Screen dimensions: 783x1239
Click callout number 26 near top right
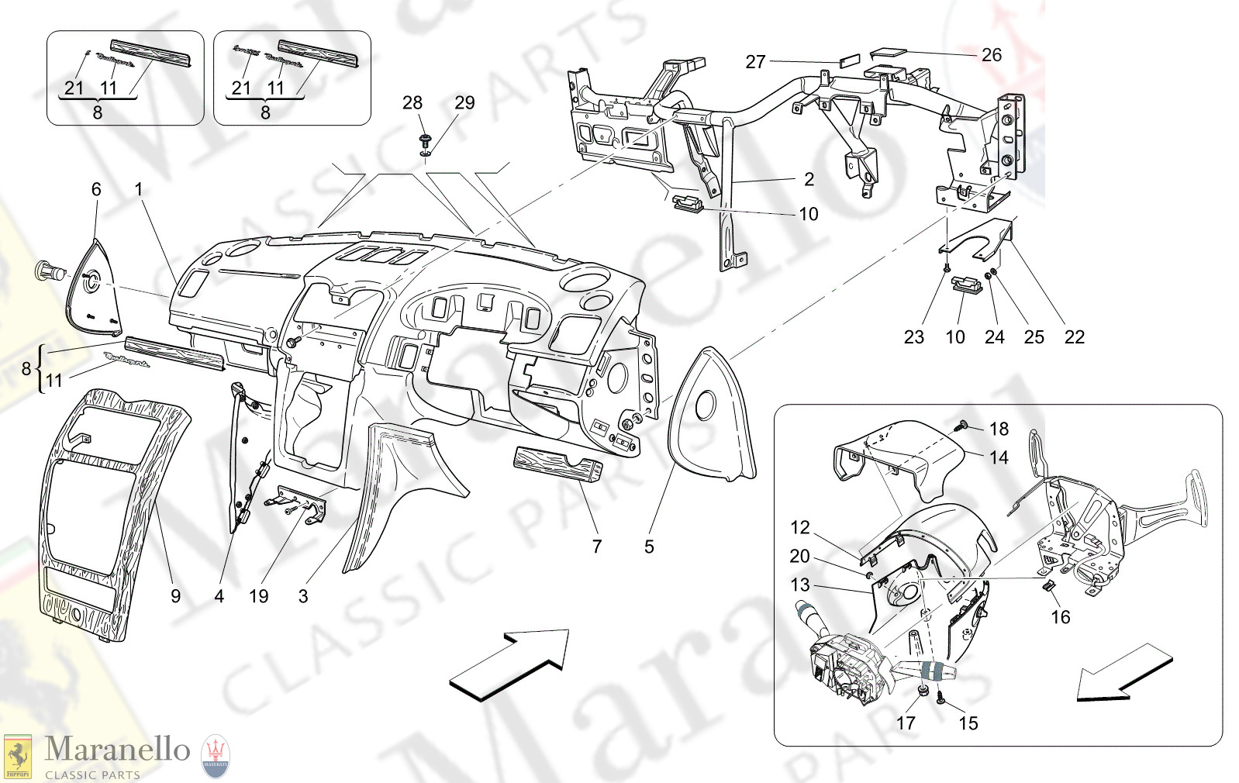(991, 55)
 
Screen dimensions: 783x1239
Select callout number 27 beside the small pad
(755, 62)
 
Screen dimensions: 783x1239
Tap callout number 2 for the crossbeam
(809, 180)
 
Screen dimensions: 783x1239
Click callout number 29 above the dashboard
(464, 103)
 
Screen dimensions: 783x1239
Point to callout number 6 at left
(96, 189)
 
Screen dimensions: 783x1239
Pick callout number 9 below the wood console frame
(175, 595)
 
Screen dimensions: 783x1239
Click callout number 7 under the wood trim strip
(596, 547)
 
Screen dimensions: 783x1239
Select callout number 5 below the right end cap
(649, 547)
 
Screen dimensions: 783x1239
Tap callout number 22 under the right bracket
(1074, 337)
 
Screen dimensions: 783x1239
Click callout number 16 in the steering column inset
(1060, 617)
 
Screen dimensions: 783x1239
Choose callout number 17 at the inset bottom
(906, 723)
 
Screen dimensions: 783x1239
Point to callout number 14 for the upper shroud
(999, 457)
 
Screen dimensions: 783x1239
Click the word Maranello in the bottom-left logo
(116, 749)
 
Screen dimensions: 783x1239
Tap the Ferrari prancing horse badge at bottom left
(17, 756)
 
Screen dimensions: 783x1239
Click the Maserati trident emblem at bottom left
(216, 755)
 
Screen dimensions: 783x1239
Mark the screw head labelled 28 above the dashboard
(424, 141)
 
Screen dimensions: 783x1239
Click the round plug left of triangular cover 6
(48, 271)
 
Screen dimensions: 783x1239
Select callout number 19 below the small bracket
(258, 595)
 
